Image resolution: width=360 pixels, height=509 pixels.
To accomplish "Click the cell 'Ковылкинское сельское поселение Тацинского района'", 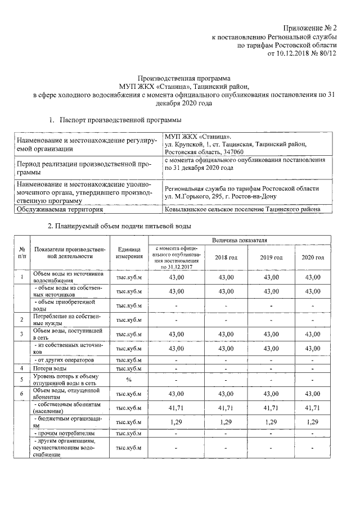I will [242, 210].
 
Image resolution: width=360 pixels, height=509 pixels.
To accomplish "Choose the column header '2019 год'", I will [271, 257].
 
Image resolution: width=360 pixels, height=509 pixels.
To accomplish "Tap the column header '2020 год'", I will [313, 257].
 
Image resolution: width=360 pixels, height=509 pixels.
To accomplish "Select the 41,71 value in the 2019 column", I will [271, 407].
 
